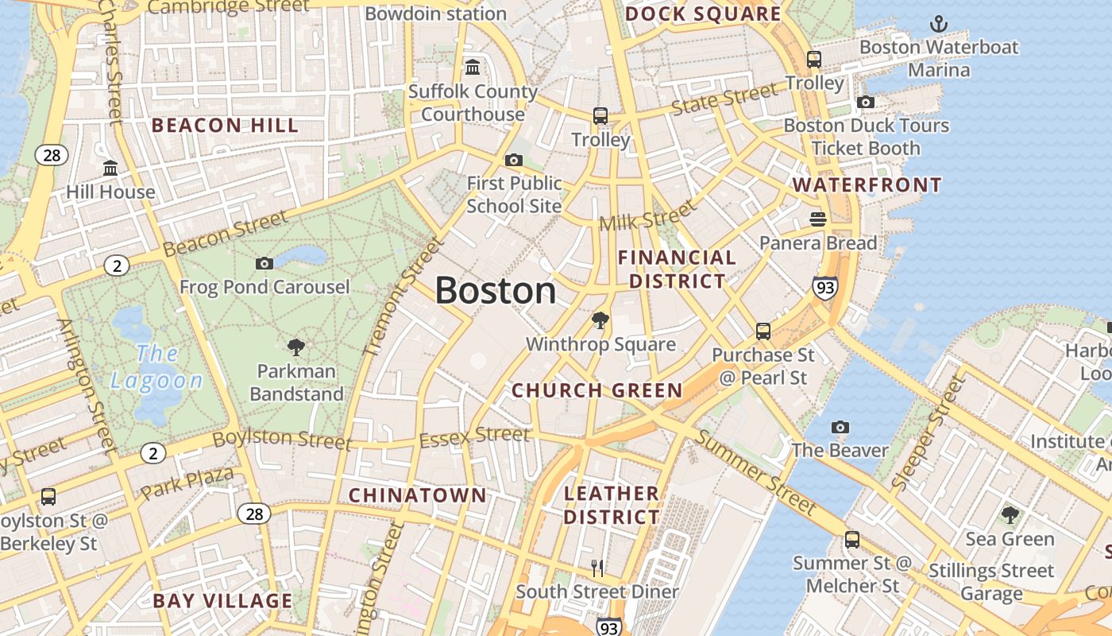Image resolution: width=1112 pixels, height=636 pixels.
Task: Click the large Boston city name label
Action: [496, 290]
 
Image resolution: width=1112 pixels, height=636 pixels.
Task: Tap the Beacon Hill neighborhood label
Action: [225, 126]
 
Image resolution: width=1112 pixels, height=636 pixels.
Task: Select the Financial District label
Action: [677, 270]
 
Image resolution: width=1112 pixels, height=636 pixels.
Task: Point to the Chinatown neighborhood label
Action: [418, 495]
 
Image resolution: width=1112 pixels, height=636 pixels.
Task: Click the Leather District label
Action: [612, 505]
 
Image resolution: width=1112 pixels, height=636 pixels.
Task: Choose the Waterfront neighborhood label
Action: [867, 185]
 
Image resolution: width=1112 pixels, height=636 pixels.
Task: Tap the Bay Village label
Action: [223, 601]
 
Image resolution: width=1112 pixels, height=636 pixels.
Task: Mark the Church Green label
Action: [597, 390]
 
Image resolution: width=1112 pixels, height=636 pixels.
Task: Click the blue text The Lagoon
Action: [156, 366]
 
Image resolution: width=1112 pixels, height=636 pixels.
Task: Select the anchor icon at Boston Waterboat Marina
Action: [939, 24]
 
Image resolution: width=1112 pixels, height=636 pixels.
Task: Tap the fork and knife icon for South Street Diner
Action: [597, 568]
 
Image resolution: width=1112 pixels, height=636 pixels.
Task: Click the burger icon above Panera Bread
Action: [818, 219]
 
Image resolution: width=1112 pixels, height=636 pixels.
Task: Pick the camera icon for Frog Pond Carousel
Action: [264, 263]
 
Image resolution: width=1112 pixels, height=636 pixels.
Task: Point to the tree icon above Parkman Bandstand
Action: [296, 347]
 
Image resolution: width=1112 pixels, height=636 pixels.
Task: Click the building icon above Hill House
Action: [110, 169]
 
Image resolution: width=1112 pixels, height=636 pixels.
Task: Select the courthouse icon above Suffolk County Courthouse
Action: [473, 67]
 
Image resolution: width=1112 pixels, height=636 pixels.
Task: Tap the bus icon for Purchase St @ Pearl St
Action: [763, 331]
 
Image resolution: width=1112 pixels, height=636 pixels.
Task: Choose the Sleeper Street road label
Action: [928, 433]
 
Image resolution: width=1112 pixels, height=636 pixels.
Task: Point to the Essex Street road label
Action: [474, 436]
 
